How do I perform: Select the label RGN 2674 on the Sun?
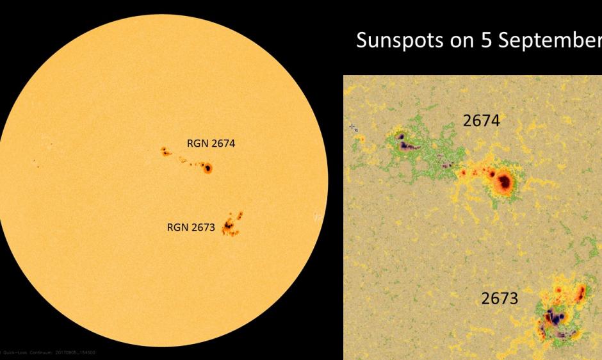tap(211, 143)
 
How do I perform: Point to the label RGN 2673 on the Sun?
tap(191, 226)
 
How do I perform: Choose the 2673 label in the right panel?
tap(500, 299)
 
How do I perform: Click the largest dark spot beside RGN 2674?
tap(207, 168)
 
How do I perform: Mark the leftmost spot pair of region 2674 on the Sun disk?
tap(165, 152)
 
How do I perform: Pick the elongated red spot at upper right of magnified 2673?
tap(582, 292)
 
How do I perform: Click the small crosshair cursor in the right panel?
tap(354, 128)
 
